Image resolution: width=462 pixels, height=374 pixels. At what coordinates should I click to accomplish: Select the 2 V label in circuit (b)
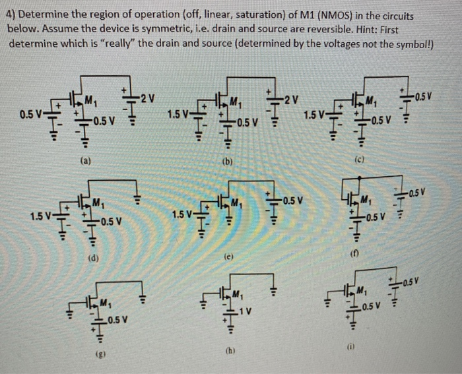pos(291,100)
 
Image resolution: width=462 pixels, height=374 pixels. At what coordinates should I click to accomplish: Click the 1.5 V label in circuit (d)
pos(41,215)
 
